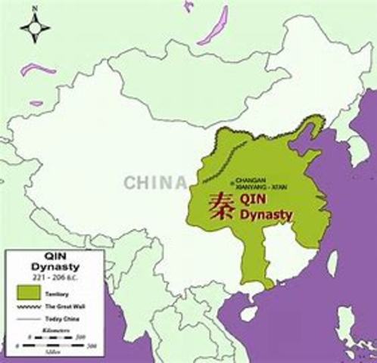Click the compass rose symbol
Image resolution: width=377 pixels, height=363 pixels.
(x=35, y=28)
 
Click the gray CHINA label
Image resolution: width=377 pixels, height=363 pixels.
(x=155, y=182)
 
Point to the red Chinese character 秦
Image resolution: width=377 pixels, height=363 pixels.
(x=222, y=205)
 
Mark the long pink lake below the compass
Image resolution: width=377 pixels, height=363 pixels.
(x=38, y=70)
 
